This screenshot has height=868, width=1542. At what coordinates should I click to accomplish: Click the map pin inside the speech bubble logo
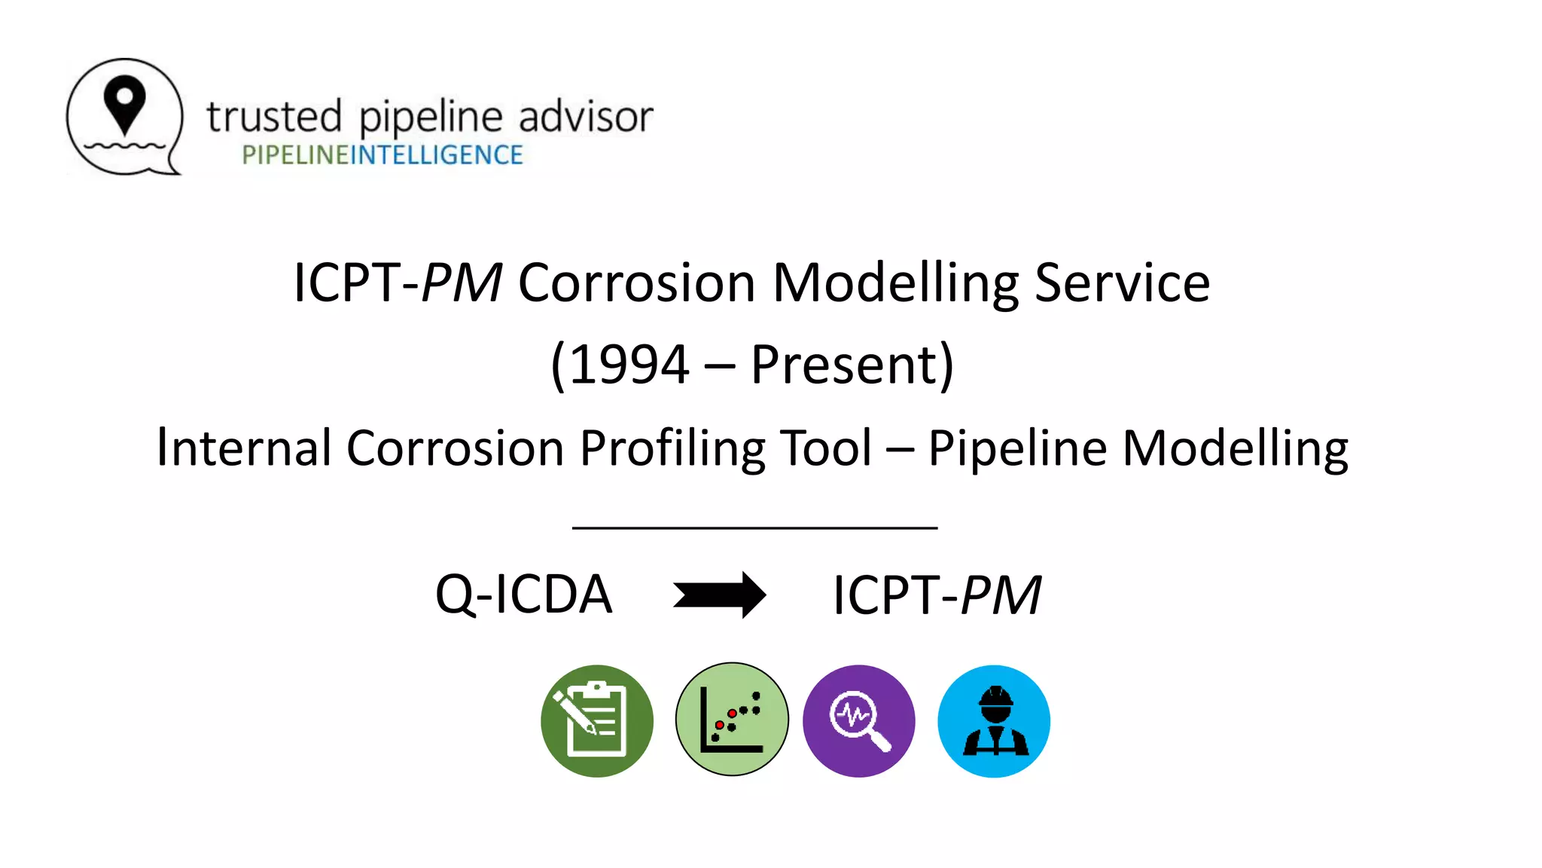click(124, 104)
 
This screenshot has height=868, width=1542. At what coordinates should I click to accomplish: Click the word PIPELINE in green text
click(295, 155)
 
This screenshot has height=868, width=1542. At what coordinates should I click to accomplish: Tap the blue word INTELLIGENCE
click(437, 155)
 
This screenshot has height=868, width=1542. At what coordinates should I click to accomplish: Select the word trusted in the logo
click(274, 118)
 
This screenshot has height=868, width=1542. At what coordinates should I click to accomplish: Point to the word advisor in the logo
click(586, 118)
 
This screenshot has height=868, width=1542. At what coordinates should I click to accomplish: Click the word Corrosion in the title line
click(636, 283)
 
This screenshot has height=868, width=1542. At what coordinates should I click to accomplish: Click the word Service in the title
click(1122, 283)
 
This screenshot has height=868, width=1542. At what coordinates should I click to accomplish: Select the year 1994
click(629, 365)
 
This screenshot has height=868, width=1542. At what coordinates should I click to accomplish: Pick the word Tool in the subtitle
click(825, 448)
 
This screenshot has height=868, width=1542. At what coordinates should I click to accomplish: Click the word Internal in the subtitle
click(244, 448)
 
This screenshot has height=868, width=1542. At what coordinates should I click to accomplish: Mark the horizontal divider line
click(754, 528)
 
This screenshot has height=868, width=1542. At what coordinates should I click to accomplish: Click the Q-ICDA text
click(524, 595)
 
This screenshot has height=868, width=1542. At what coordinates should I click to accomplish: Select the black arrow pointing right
click(720, 595)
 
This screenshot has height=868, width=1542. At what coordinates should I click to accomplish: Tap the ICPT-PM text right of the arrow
click(937, 595)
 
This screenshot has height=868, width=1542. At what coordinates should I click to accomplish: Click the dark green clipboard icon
click(597, 721)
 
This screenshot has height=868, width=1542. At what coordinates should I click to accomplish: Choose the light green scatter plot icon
click(732, 720)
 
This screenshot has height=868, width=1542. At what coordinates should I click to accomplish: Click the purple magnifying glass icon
click(859, 721)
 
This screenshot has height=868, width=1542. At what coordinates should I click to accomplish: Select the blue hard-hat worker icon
click(994, 721)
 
